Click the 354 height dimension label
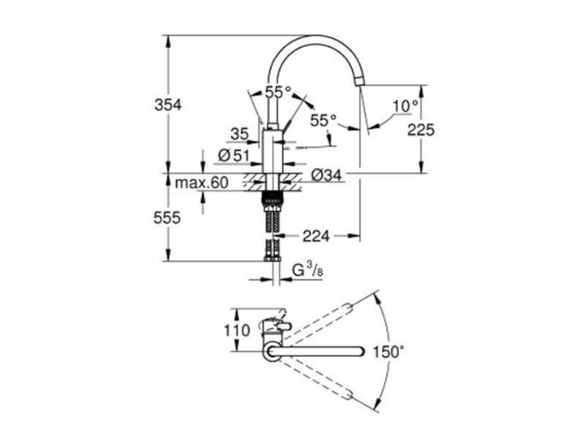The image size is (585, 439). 168,105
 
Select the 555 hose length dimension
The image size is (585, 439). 167,217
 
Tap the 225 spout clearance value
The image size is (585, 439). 421,130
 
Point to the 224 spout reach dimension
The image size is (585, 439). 316,236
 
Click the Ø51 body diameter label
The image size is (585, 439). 234,156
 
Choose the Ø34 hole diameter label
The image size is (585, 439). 326,174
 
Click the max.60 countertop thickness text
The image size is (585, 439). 202,183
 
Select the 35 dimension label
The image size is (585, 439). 239,134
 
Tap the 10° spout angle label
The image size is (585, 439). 406,106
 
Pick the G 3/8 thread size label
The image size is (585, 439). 307,269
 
